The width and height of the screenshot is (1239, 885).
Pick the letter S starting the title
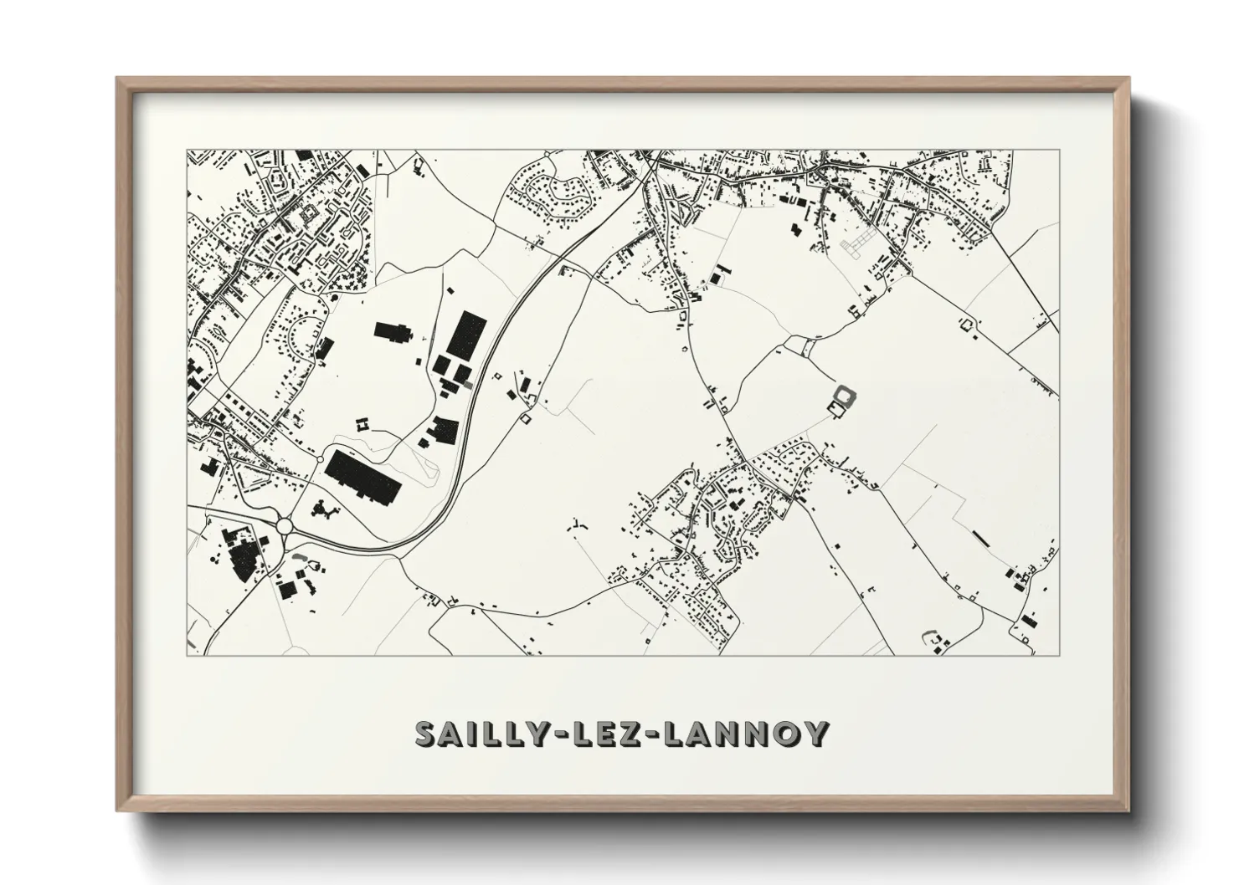[427, 734]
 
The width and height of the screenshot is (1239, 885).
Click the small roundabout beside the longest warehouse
[321, 459]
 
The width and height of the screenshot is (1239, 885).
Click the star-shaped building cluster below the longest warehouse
[322, 509]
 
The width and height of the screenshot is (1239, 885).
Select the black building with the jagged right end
[391, 332]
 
